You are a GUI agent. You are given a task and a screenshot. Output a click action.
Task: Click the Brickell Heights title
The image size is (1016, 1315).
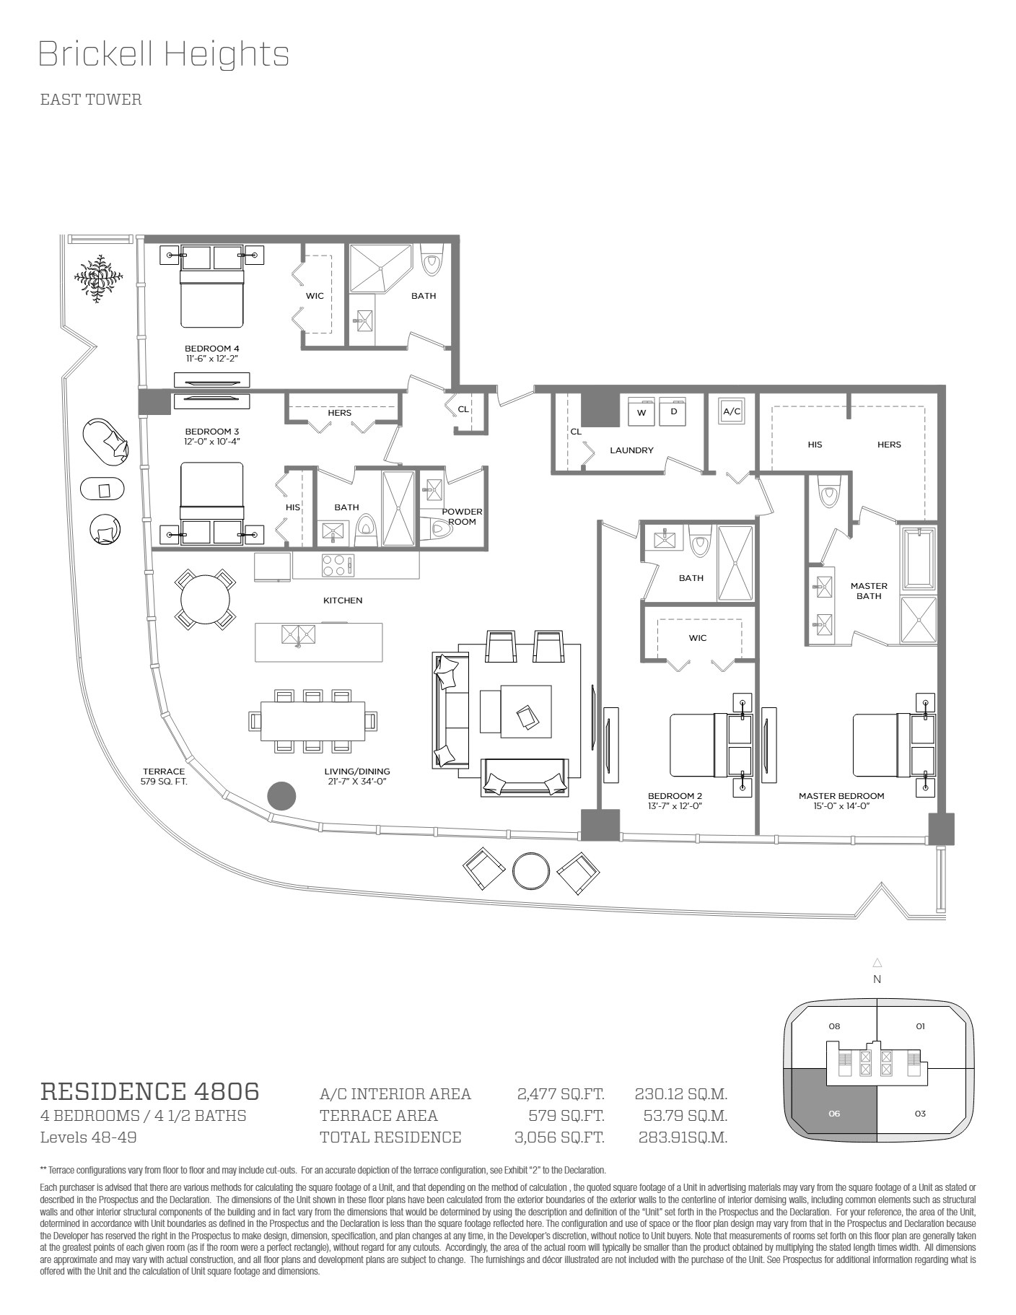pos(164,55)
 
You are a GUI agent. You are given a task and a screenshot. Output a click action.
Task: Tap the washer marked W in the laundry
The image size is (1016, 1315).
pos(641,411)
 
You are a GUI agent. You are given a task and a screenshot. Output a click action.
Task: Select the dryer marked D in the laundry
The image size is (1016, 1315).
pos(673,411)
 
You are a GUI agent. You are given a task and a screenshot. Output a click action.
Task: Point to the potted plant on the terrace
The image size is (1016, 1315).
pos(99,278)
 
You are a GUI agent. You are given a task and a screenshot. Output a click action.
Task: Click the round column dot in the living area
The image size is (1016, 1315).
pos(281,795)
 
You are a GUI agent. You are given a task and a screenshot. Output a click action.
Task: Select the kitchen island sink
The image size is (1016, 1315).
pos(298,635)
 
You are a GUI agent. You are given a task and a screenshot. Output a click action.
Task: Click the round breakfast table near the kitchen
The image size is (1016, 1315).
pos(205,600)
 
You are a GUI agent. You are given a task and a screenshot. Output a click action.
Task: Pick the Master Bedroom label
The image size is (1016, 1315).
pos(841,796)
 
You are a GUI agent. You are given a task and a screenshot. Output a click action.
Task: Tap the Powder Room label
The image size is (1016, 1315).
pos(462,517)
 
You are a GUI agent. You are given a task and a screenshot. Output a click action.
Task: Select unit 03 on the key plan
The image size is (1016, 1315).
pos(920,1114)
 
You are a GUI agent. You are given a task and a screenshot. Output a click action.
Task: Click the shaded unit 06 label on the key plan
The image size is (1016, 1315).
pos(834,1114)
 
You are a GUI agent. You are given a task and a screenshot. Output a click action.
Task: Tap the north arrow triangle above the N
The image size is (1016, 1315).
pos(877,962)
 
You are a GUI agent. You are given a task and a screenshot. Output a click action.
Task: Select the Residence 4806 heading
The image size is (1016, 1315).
pos(149,1091)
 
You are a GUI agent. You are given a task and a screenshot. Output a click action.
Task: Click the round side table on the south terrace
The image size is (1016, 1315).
pos(531,871)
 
